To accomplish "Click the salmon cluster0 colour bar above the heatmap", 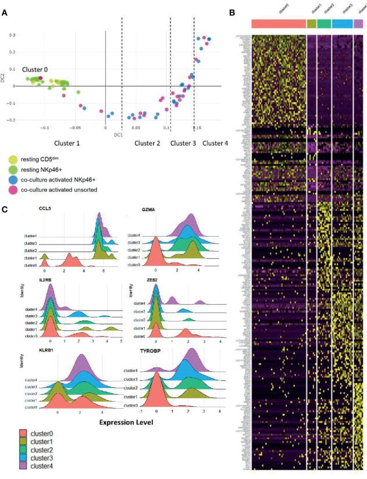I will coord(279,24).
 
